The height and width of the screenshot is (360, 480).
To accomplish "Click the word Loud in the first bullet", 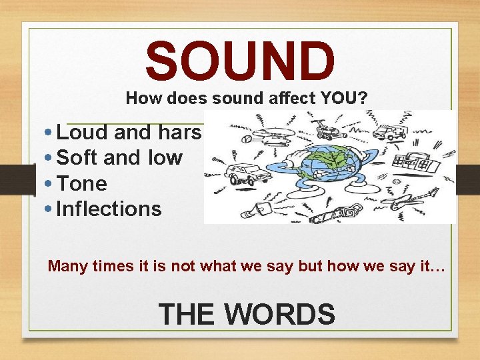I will click(x=83, y=133).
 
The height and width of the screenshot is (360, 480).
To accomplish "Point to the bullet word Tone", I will click(x=82, y=183).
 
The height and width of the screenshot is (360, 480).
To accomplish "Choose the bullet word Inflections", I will click(x=109, y=209).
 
